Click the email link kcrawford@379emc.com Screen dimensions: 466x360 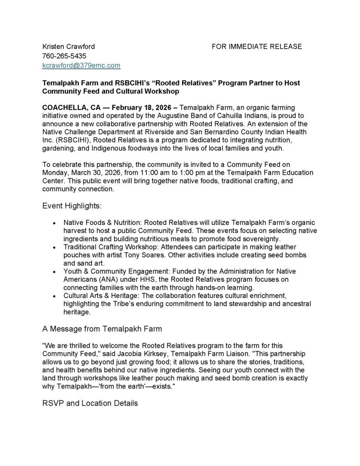click(x=81, y=66)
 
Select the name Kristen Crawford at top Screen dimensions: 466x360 click(x=68, y=46)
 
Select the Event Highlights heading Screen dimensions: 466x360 click(x=72, y=206)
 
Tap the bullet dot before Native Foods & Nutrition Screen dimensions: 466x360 click(x=55, y=223)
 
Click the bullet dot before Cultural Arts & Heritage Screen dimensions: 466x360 click(x=55, y=296)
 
